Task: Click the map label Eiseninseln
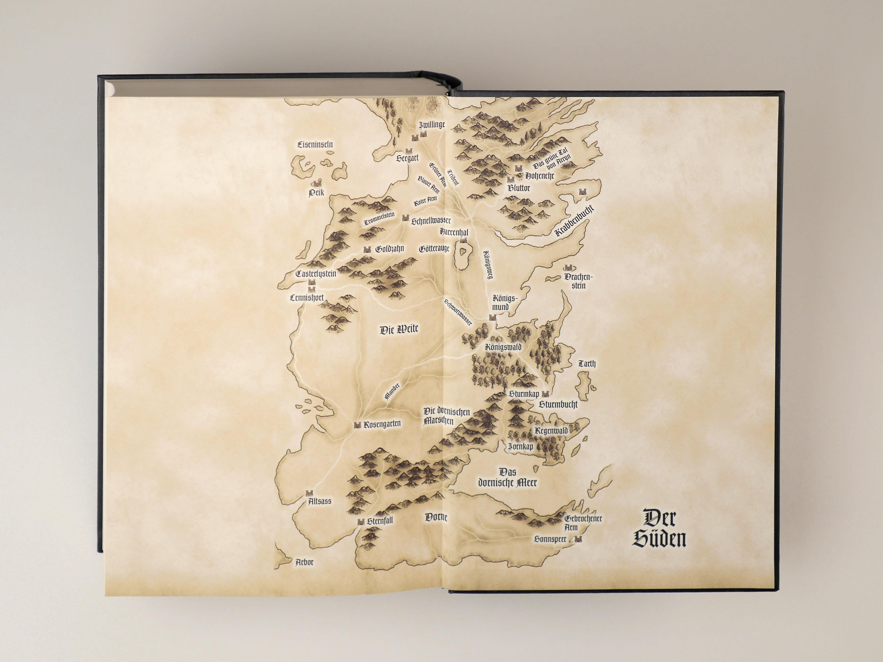(x=315, y=144)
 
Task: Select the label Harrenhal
(x=454, y=232)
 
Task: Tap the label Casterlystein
(x=316, y=274)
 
